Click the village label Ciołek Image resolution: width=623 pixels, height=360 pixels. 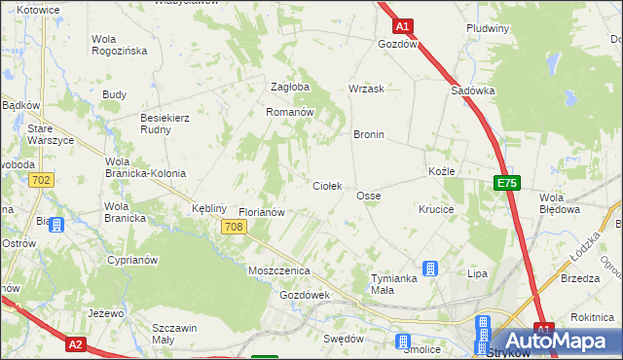pos(326,185)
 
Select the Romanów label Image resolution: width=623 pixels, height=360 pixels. pos(289,112)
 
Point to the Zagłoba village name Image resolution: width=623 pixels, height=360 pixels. pos(289,87)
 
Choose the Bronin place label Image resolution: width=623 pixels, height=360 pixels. pos(369,134)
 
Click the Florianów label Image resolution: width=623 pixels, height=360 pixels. pos(261,211)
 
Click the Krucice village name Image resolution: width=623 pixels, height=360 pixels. pos(436,209)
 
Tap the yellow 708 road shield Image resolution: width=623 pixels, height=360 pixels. pos(233,227)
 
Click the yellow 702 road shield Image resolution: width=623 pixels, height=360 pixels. pos(41,180)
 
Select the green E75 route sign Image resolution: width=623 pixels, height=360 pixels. pos(506,182)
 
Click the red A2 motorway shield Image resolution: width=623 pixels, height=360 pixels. pos(78,343)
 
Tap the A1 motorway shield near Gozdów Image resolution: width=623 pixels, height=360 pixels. pos(404,27)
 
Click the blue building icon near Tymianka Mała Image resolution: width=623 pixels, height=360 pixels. pos(429,269)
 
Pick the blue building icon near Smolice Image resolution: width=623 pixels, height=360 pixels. pos(403,342)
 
